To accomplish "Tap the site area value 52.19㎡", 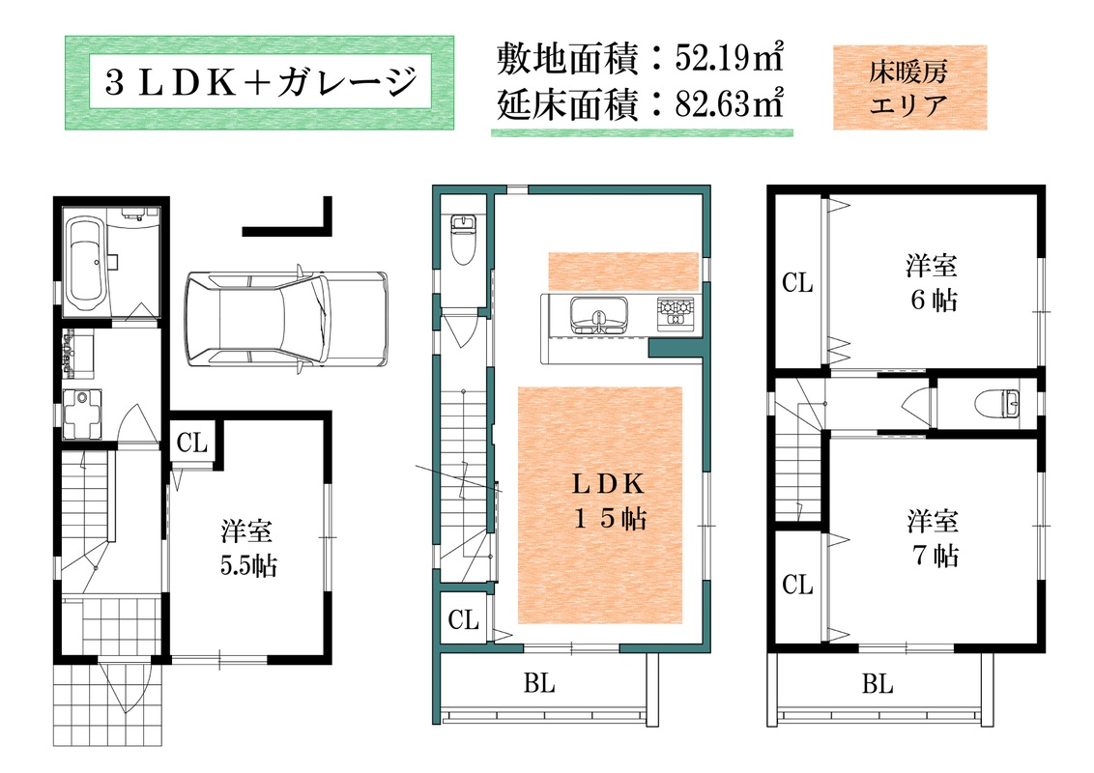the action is tap(729, 58).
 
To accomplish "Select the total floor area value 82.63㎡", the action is tap(729, 104).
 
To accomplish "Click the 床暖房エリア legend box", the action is tap(909, 87).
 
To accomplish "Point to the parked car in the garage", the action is tap(286, 318).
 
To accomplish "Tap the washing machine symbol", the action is tap(81, 414).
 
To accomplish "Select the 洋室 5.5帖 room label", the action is tap(248, 548).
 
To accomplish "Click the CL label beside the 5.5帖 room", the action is tap(192, 443).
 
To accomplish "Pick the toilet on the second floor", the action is tap(463, 240).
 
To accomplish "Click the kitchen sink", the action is tap(598, 315).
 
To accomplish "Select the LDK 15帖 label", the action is tap(609, 501).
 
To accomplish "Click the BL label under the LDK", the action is tap(539, 684).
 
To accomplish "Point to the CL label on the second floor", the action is tap(463, 619).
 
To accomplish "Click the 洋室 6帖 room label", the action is tap(933, 283).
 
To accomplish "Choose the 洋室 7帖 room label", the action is tap(934, 538).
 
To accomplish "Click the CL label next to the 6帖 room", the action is tap(797, 282).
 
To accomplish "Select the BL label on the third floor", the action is tap(877, 684).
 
